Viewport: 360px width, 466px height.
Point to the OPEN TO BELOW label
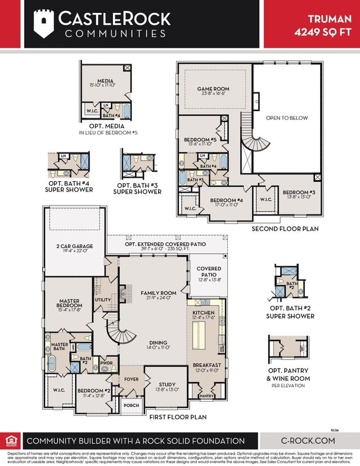click(287, 118)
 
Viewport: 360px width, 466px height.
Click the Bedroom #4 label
click(226, 200)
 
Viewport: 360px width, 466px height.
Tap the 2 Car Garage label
click(74, 247)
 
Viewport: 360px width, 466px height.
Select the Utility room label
click(103, 301)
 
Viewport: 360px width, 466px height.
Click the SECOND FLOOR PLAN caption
click(285, 229)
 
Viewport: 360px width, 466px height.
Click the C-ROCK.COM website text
click(308, 441)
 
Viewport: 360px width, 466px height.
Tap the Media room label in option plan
click(105, 81)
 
